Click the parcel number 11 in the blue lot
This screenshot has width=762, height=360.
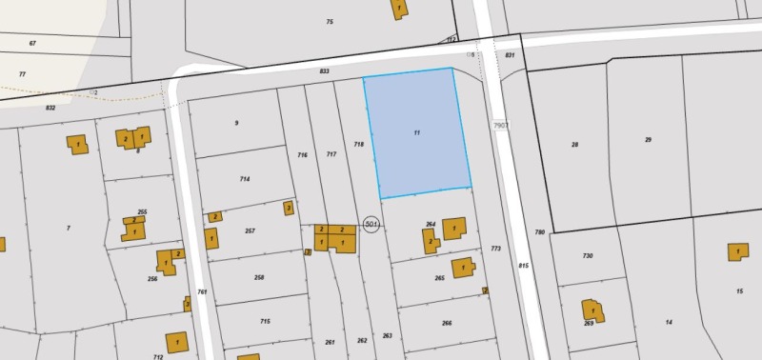coord(417,132)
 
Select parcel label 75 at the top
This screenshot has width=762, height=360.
coord(330,22)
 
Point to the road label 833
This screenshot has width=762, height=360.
coord(325,71)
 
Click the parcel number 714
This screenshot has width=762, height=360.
coord(245,179)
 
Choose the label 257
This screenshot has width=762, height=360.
coord(250,231)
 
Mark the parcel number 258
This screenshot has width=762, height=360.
coord(259,277)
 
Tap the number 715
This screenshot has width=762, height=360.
coord(266,322)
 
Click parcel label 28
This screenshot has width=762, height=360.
coord(574,145)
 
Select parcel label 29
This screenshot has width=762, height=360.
coord(648,140)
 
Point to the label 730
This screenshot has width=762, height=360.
coord(588,256)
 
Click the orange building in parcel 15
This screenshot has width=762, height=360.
coord(738,251)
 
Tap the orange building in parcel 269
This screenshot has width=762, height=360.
coord(592,310)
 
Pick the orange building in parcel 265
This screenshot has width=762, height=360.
coord(463,268)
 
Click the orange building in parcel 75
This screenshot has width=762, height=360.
coord(398,9)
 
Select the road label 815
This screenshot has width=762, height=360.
coord(523,266)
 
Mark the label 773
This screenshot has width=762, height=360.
coord(495,249)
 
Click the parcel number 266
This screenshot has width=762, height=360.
coord(447,323)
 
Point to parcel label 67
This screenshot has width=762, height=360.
coord(32,44)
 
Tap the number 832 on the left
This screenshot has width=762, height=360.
coord(50,108)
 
